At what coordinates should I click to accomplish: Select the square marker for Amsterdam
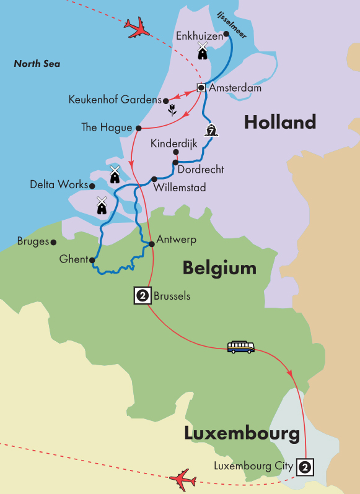point(201,88)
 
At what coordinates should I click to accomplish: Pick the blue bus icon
point(240,347)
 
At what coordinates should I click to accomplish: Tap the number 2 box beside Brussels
point(143,296)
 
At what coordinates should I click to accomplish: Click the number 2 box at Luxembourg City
point(304,466)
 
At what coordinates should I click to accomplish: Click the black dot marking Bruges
point(54,242)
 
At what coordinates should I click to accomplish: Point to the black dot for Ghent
point(93,259)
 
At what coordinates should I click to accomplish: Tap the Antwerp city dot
point(152,243)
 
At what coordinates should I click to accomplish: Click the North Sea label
point(38,63)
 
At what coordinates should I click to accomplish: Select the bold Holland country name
point(279,122)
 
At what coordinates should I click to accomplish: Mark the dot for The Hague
point(138,128)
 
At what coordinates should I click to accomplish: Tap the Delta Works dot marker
point(92,185)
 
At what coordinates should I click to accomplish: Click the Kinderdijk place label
point(173,143)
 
